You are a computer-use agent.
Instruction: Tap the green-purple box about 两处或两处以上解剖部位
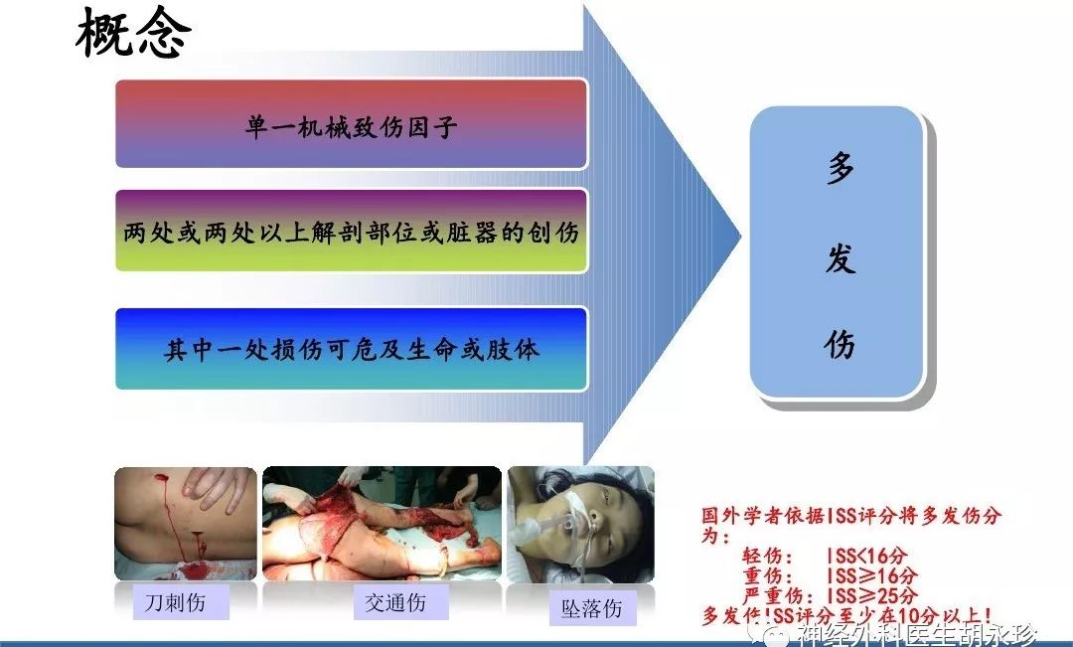point(351,232)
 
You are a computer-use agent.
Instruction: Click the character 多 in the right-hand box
point(841,169)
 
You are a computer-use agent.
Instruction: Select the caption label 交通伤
point(395,602)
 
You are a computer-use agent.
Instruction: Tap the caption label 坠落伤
point(592,608)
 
